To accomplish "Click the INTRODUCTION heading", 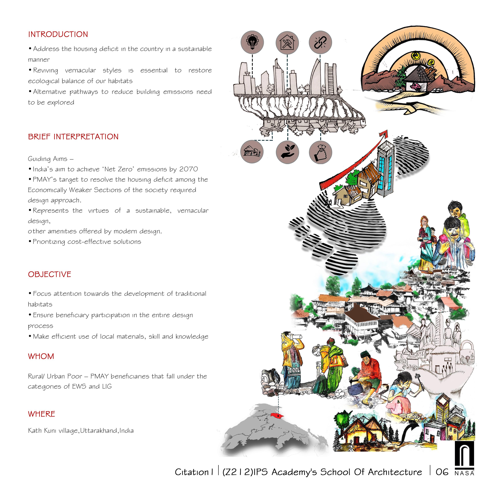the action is click(x=58, y=34).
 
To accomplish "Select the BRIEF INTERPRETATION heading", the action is click(x=73, y=137).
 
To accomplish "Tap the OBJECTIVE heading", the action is click(x=50, y=274).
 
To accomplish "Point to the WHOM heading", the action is click(x=41, y=356).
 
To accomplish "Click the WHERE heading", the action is click(x=42, y=414).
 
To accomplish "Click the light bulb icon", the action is click(x=252, y=42).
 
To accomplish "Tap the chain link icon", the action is click(x=320, y=42).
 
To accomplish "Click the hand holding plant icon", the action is click(x=287, y=152).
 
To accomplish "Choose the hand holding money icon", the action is click(x=320, y=152).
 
